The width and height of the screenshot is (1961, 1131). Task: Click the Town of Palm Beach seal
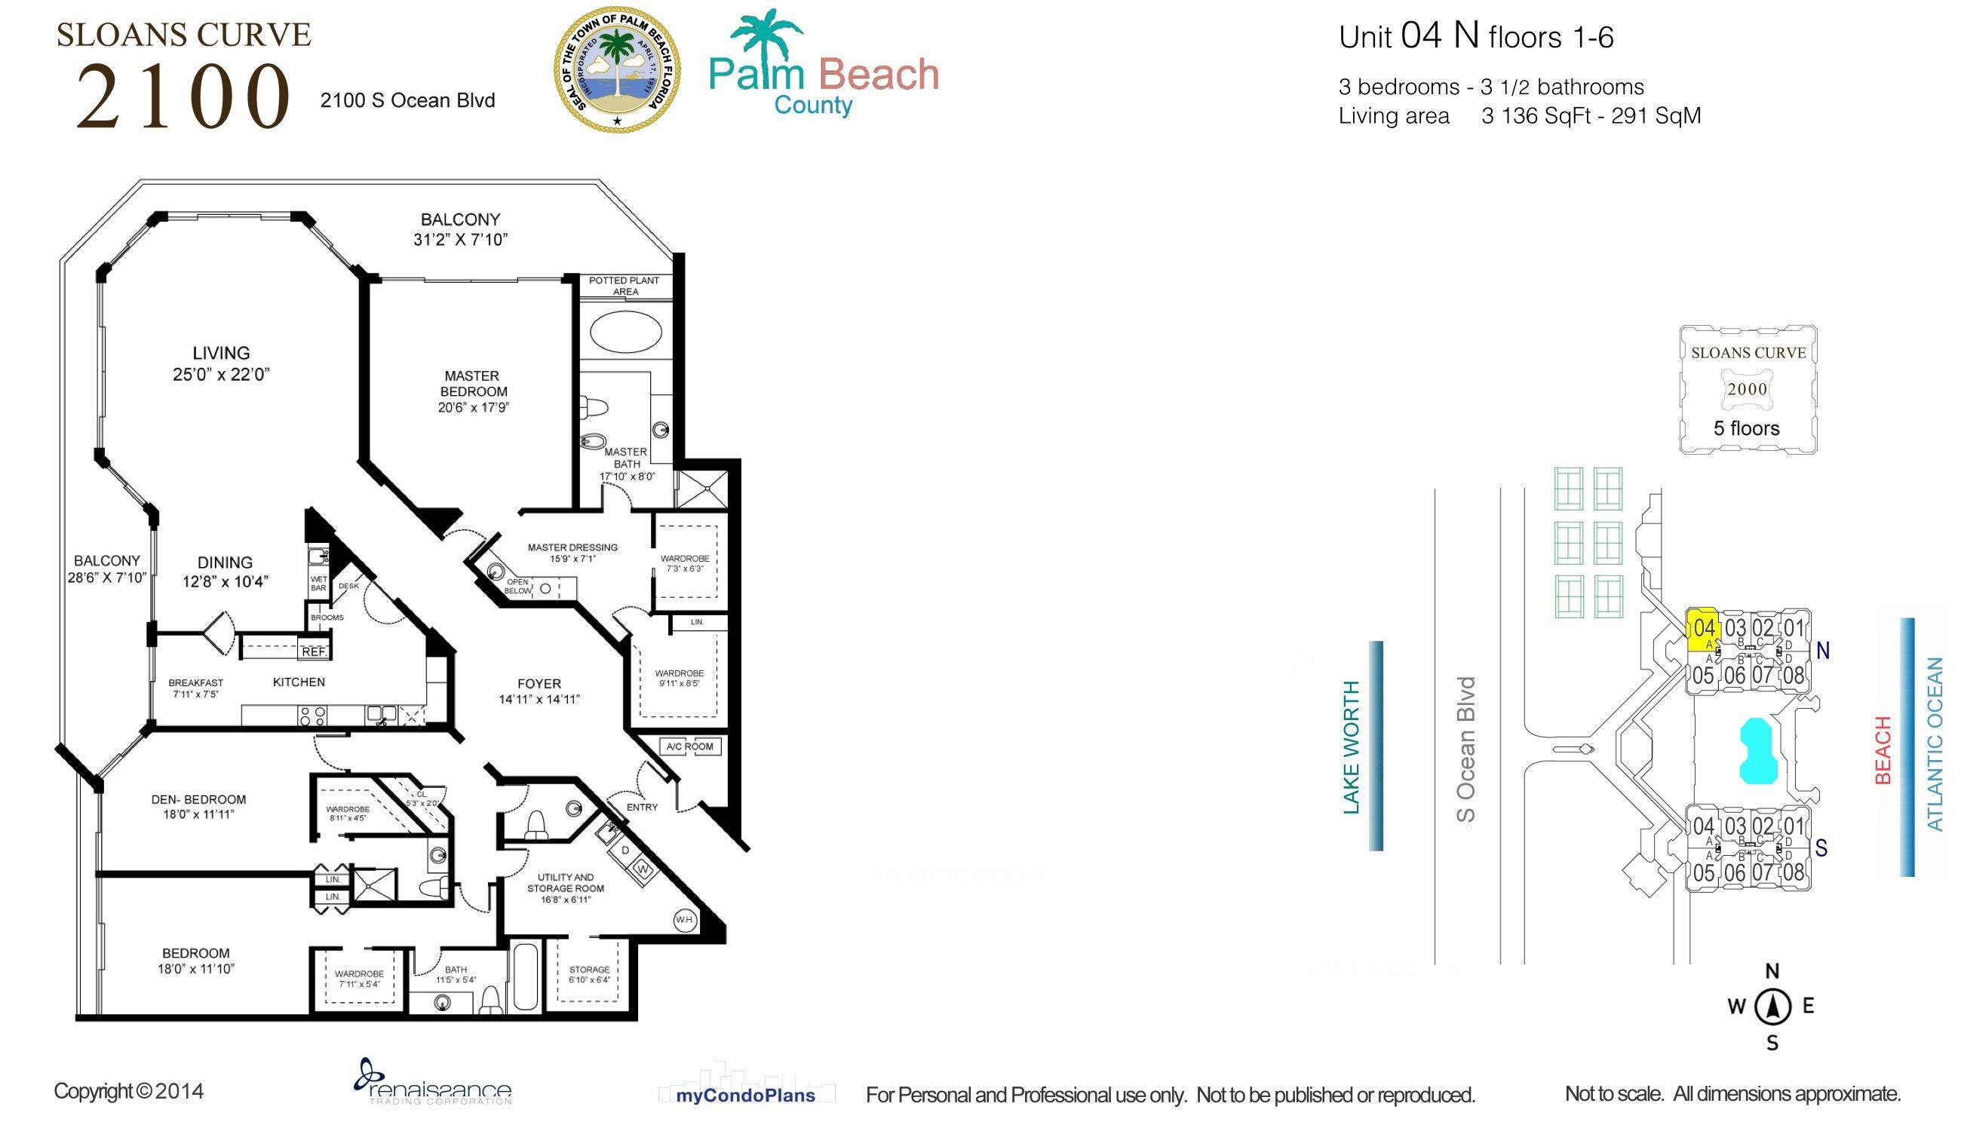[617, 69]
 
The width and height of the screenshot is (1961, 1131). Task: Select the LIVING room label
[222, 363]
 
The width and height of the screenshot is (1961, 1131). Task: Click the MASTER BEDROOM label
[473, 391]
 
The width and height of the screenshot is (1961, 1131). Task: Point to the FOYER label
[539, 690]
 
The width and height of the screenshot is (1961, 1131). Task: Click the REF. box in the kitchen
[314, 651]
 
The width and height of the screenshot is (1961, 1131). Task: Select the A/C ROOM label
[690, 746]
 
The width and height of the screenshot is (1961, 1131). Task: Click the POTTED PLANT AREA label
[624, 286]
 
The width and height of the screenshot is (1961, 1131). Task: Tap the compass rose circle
[1773, 1007]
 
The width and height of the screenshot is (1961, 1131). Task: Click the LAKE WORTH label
[1352, 746]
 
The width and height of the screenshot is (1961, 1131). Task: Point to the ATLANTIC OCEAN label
[1935, 743]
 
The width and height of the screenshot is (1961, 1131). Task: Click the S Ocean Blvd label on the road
[1465, 749]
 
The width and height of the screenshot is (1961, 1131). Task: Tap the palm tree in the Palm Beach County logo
[766, 39]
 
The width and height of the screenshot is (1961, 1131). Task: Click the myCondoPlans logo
[746, 1096]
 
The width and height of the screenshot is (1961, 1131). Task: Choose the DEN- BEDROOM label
[198, 806]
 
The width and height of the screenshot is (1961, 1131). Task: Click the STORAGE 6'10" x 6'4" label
[589, 974]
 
